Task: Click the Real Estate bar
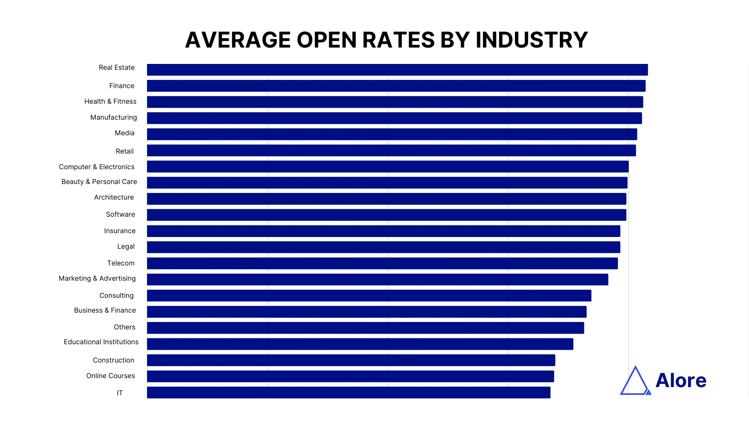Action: [x=397, y=70]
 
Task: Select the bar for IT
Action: [x=348, y=393]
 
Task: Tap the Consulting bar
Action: [x=369, y=295]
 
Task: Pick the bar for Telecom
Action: [x=382, y=263]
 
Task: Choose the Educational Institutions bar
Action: [x=360, y=344]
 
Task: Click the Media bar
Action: [x=392, y=134]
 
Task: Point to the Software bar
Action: [x=386, y=215]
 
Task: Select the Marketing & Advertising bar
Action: [x=377, y=279]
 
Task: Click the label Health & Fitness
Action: [x=110, y=101]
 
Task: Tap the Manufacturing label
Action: [x=114, y=117]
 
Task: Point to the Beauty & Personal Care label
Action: [x=99, y=182]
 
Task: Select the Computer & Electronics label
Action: [x=97, y=167]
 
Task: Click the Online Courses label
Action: [x=110, y=376]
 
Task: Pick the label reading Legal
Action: [x=126, y=246]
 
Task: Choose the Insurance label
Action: [x=120, y=231]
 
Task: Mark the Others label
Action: [x=124, y=327]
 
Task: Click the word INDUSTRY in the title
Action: [x=531, y=40]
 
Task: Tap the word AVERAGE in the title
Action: [x=238, y=40]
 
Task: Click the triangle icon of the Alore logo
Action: [x=635, y=382]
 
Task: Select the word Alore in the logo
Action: [x=681, y=380]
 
